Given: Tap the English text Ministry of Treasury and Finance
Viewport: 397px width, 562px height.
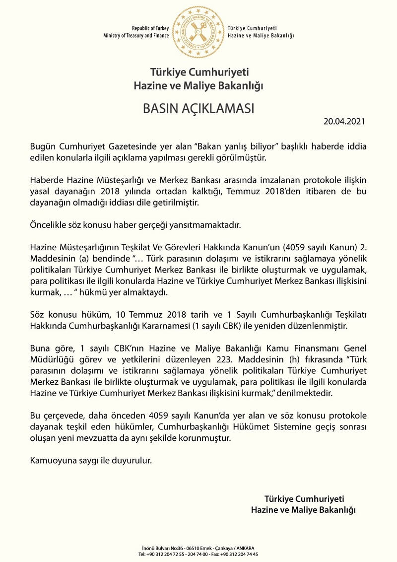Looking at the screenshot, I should click(136, 36).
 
